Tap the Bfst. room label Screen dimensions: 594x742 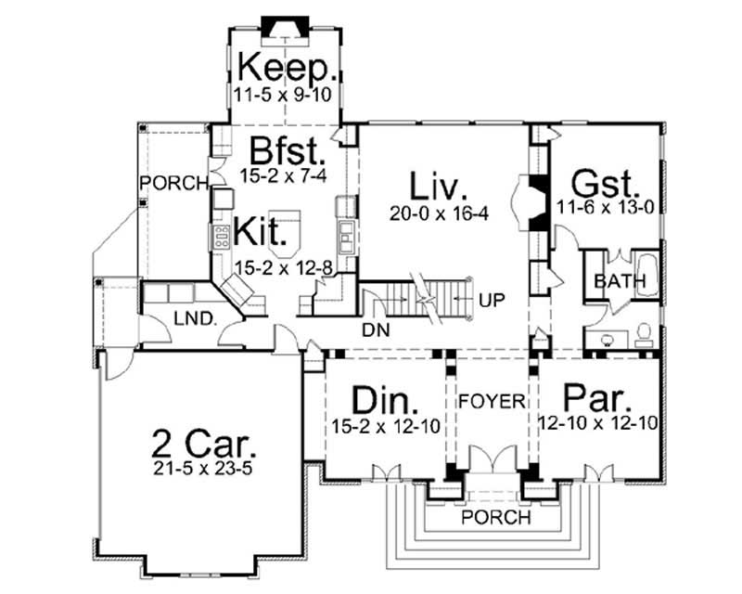[288, 149]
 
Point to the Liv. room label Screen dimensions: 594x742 [439, 187]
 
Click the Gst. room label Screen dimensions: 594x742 [604, 180]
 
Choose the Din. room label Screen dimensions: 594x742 [385, 401]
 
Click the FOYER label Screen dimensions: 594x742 [492, 402]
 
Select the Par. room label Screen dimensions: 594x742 [598, 401]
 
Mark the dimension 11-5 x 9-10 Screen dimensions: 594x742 [286, 94]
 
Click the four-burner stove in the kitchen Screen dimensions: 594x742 [223, 237]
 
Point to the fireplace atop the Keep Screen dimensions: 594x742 [279, 28]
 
